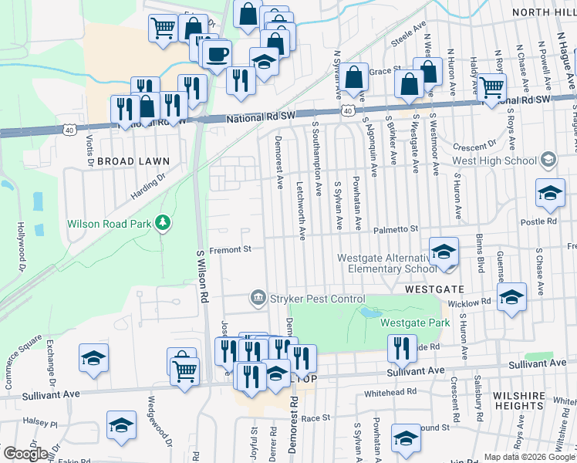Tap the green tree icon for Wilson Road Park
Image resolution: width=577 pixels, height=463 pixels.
coord(162,223)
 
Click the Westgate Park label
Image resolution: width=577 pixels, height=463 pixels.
coord(415,323)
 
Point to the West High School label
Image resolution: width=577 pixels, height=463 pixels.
coord(494,161)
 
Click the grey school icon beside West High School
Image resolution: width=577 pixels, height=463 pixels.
coord(548,160)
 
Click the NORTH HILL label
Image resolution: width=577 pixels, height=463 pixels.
coord(541,13)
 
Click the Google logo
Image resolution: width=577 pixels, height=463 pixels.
coord(25,453)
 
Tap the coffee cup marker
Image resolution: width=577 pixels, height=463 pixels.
coord(217,54)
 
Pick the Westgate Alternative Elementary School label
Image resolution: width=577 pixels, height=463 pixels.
coord(386,263)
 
